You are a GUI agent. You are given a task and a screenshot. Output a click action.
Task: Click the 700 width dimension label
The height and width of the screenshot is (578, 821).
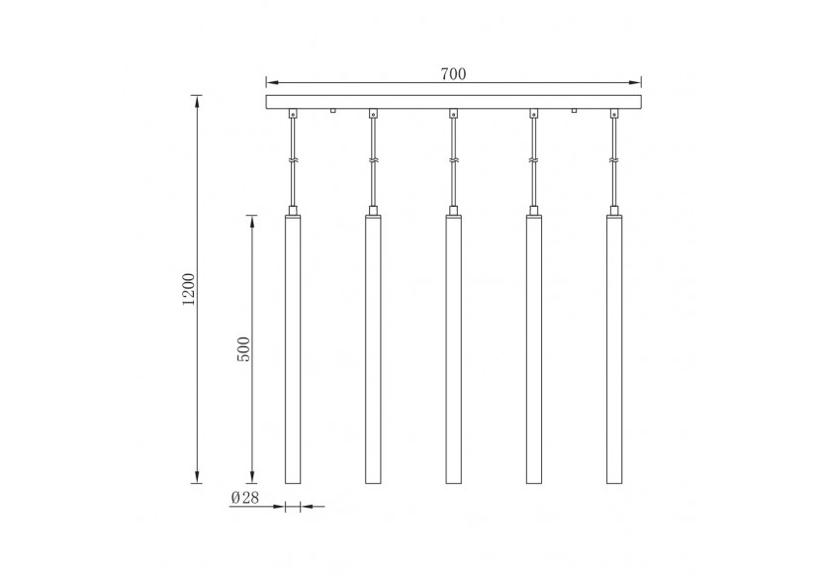click(454, 73)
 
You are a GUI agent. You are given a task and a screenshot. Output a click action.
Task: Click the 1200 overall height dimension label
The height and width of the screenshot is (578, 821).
click(189, 288)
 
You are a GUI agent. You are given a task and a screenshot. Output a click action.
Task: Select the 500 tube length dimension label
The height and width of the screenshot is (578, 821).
click(244, 348)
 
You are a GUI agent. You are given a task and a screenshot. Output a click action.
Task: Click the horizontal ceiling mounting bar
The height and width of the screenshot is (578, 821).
click(454, 101)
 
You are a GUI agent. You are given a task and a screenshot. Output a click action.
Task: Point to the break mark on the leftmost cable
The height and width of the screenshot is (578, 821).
click(293, 161)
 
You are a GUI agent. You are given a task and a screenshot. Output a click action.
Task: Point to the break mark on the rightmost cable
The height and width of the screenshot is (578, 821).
click(614, 161)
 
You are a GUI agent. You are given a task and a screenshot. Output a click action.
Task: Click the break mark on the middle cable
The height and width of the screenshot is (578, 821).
click(453, 161)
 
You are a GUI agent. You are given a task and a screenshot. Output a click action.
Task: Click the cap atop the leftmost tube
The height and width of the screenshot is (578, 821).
click(293, 211)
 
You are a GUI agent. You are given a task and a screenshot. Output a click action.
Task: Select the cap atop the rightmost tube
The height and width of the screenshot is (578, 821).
click(614, 211)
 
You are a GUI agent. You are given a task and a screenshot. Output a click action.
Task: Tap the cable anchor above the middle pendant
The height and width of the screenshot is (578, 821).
click(453, 114)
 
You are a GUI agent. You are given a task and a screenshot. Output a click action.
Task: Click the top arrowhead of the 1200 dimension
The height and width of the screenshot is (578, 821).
click(198, 99)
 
